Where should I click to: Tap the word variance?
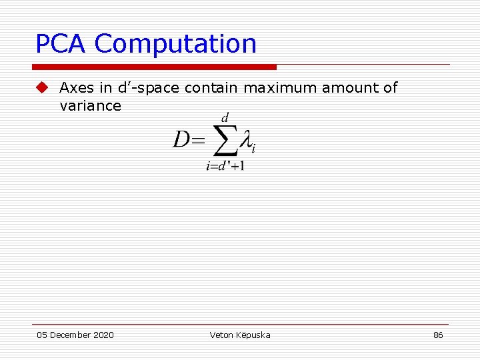coord(90,106)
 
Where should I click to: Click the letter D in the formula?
coord(182,140)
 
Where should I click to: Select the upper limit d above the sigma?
coord(225,118)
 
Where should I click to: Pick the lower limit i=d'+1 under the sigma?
coord(225,165)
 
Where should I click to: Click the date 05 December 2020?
coord(75,335)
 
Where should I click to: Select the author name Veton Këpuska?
coord(239,335)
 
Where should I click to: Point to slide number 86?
coord(438,335)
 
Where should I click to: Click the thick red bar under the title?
coord(154,67)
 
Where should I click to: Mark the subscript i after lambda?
coord(254,148)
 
